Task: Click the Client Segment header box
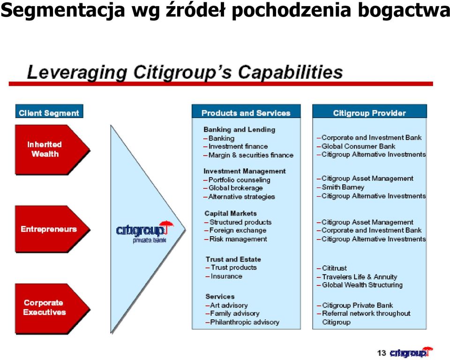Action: (x=49, y=112)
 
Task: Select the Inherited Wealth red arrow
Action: (x=52, y=150)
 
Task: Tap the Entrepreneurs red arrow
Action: (x=52, y=229)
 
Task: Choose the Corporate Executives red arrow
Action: (x=52, y=309)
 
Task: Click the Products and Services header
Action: (x=246, y=112)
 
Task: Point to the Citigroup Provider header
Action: (x=369, y=112)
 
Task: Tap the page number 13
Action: (x=382, y=353)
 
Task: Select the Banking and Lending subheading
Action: (x=240, y=130)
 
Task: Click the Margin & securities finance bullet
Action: (x=248, y=155)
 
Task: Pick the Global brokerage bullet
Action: (x=233, y=188)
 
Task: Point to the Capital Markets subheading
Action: (x=231, y=213)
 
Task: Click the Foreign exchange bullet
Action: (x=235, y=231)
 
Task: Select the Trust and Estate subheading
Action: (x=233, y=259)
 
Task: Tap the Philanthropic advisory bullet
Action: (x=242, y=322)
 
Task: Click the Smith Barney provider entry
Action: (x=341, y=187)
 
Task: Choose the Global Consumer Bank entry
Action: (x=356, y=146)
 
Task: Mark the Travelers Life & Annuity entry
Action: (x=357, y=277)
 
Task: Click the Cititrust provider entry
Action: (x=332, y=268)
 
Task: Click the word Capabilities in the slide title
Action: (x=290, y=72)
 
